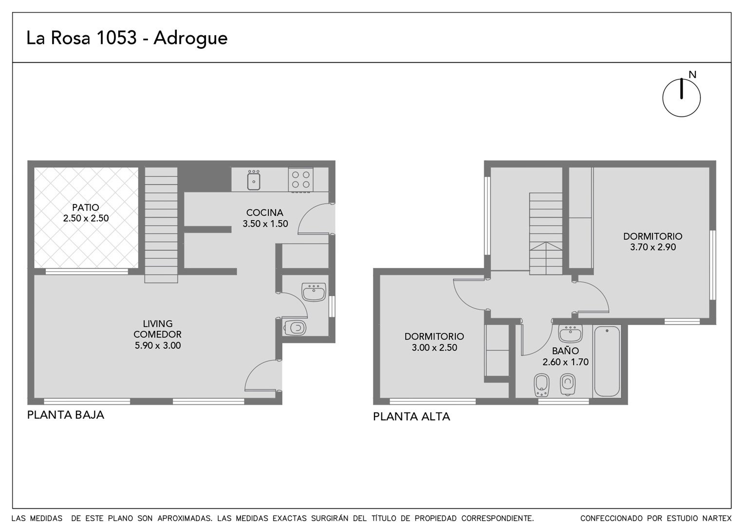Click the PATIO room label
86,207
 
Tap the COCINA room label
265,212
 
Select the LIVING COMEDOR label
157,329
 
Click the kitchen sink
254,180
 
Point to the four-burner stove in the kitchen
300,180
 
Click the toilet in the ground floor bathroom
295,328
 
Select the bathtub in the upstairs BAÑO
607,361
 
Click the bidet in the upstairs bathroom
541,385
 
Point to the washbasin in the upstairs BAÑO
570,334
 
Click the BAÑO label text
565,351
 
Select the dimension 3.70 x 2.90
653,247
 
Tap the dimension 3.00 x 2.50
434,347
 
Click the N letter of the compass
692,75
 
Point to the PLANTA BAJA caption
65,414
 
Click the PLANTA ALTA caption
411,416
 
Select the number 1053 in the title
116,38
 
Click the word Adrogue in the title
190,39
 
